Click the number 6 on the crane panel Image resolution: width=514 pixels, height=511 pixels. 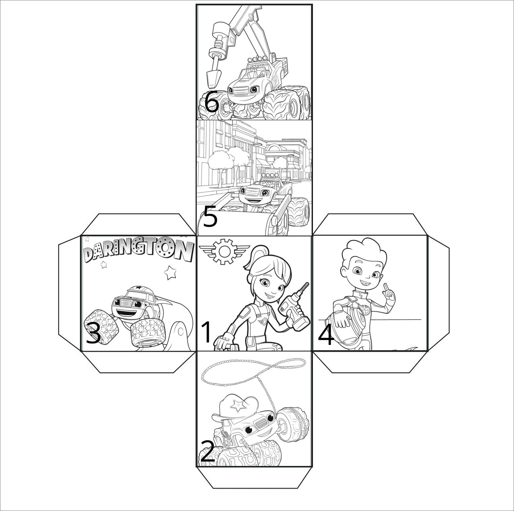coord(212,101)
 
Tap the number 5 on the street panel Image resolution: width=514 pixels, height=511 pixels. coord(210,217)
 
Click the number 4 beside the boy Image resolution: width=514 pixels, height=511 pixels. coord(326,335)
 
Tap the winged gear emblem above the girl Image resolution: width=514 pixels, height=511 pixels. coord(224,251)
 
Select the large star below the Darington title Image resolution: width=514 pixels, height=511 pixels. coord(170,272)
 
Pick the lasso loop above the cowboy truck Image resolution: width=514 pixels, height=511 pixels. coord(253,372)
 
